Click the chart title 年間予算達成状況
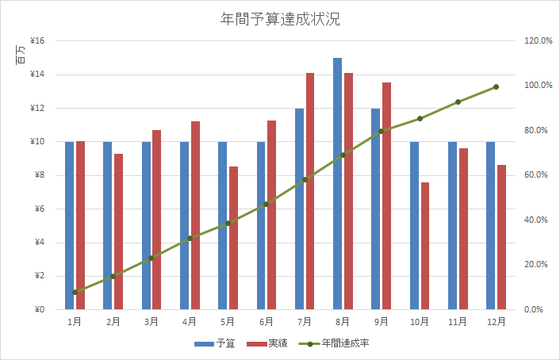(280, 19)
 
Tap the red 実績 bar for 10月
(425, 246)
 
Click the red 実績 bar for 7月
(310, 191)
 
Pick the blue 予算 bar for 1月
(69, 226)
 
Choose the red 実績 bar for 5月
(233, 238)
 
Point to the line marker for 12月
(496, 87)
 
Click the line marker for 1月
(75, 292)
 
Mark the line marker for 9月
(381, 131)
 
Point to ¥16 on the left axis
(36, 41)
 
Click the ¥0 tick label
(39, 310)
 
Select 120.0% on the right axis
(538, 41)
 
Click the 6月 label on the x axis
(266, 322)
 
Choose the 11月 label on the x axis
(458, 322)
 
